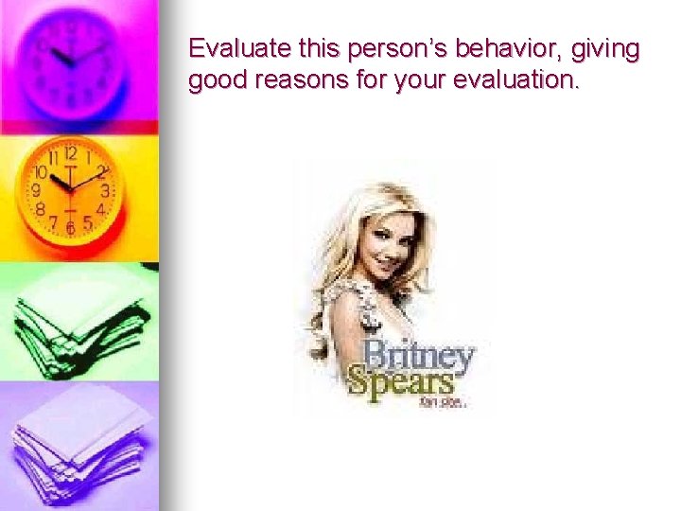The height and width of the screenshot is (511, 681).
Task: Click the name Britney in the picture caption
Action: [419, 357]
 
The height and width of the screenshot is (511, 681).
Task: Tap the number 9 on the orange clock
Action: [37, 190]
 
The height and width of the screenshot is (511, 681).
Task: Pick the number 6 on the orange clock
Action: [70, 228]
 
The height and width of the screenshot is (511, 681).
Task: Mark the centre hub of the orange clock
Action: [69, 187]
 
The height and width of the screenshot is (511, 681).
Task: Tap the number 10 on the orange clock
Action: [41, 173]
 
